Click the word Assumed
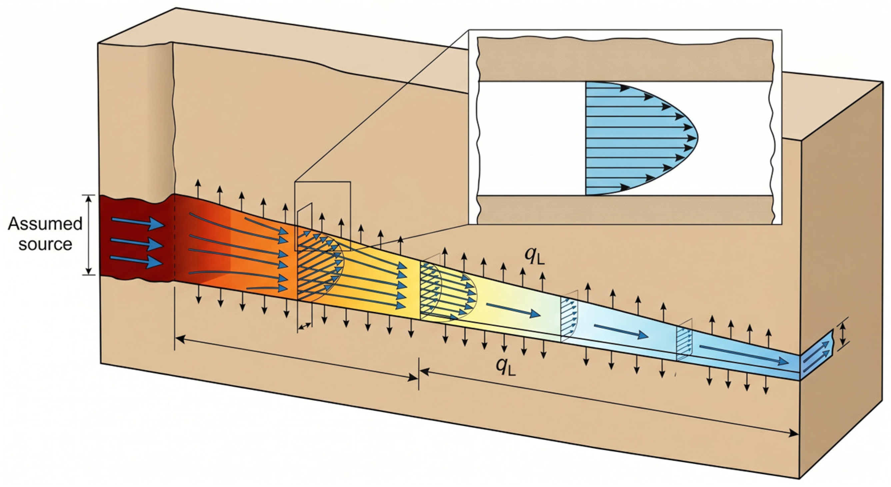pyautogui.click(x=45, y=224)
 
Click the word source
pyautogui.click(x=45, y=244)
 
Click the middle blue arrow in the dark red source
pyautogui.click(x=137, y=243)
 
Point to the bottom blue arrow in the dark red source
pyautogui.click(x=136, y=261)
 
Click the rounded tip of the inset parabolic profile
pyautogui.click(x=697, y=138)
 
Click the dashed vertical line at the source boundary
pyautogui.click(x=174, y=239)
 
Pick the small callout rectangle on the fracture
pyautogui.click(x=322, y=216)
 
